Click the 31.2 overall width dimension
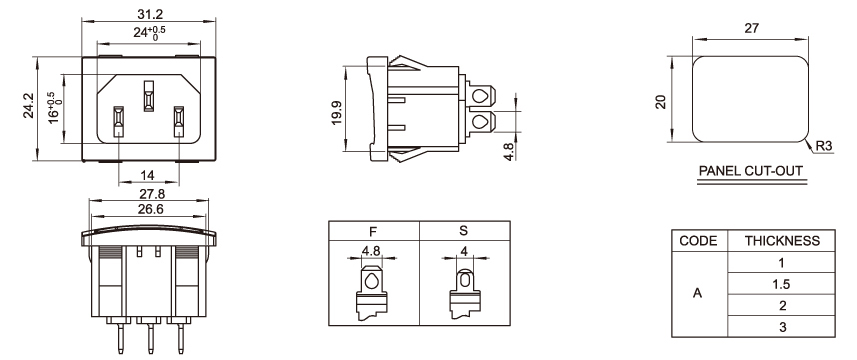[x=148, y=14]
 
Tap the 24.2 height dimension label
[x=28, y=106]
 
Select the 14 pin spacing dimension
[x=147, y=175]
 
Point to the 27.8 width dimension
[x=149, y=194]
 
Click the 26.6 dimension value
[x=149, y=209]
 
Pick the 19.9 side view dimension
[x=336, y=113]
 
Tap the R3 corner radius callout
[x=824, y=146]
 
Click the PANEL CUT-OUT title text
[x=752, y=171]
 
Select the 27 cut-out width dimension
[x=752, y=28]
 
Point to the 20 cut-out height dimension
[x=661, y=102]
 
